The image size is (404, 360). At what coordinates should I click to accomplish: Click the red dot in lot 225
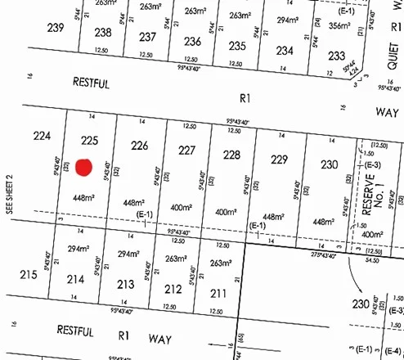(x=83, y=167)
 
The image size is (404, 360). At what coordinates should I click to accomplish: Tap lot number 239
(x=56, y=28)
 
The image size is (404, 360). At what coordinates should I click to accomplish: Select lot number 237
(x=147, y=37)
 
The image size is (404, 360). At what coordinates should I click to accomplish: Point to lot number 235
(x=238, y=46)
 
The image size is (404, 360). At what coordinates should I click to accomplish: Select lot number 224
(x=41, y=135)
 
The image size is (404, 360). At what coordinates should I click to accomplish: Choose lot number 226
(x=140, y=146)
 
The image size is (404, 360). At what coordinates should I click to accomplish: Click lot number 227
(x=187, y=150)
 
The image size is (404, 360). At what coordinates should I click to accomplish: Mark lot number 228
(x=231, y=155)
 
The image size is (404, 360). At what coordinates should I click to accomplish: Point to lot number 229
(x=280, y=159)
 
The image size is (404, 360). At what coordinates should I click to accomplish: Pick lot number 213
(x=126, y=284)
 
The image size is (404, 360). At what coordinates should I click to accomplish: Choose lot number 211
(x=218, y=293)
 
